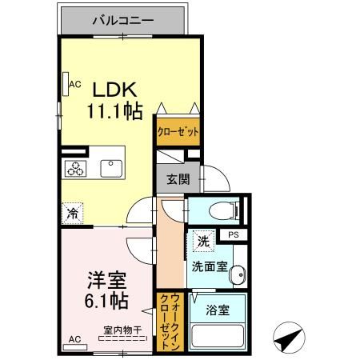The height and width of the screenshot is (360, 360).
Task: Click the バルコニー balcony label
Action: tap(123, 18)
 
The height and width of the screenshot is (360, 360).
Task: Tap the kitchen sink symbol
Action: tap(110, 168)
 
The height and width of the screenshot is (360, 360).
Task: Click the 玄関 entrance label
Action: tap(178, 179)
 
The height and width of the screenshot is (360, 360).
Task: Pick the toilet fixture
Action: tap(221, 210)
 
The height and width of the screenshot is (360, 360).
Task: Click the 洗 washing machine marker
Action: tap(202, 240)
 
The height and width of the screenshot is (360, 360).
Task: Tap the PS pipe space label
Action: tap(234, 234)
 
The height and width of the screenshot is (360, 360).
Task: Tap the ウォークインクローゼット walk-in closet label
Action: tap(170, 321)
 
